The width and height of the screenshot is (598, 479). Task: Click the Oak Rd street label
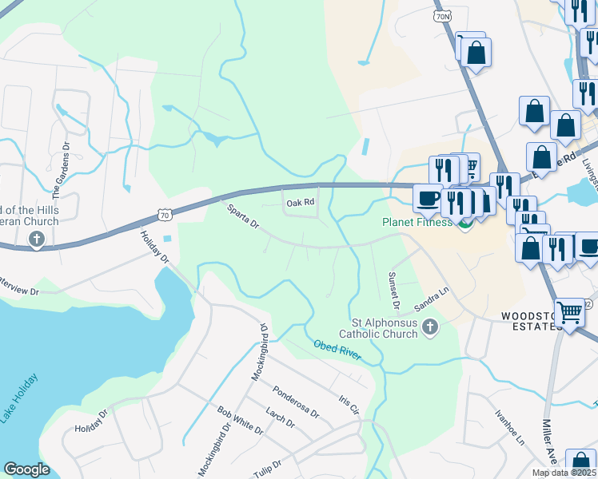[301, 204]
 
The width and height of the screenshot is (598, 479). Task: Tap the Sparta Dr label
[241, 215]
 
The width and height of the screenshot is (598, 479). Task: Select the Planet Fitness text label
[416, 223]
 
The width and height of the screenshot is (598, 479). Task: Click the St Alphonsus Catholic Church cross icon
[430, 327]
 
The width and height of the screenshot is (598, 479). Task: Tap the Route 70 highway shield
[164, 215]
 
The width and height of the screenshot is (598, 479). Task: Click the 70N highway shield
[443, 16]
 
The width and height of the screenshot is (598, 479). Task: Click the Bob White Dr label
[240, 420]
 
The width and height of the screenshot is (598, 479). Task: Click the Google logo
[26, 469]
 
